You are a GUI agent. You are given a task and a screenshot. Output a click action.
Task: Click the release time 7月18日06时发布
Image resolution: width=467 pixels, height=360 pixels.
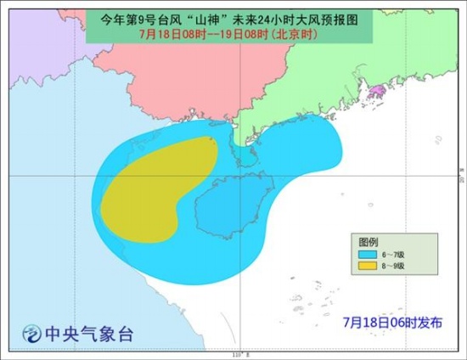click(x=387, y=322)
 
